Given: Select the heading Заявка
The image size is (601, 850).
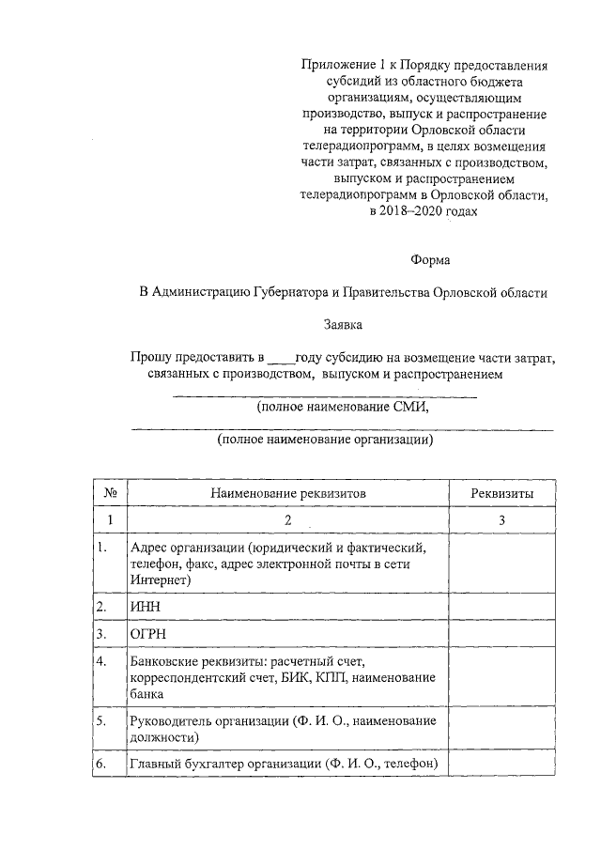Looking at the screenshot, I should coord(343,324).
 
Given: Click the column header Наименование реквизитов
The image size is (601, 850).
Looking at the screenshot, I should coord(288,492).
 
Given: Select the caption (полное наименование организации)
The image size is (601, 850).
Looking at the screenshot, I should coord(325,439).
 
